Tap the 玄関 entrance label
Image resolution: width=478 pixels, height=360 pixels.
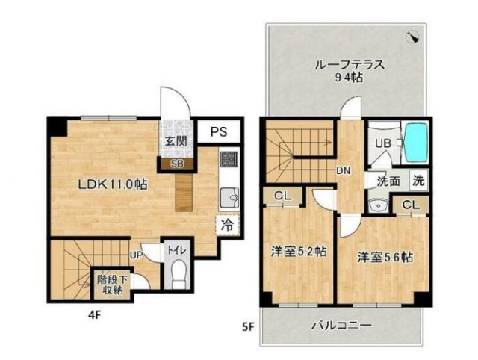point(176,142)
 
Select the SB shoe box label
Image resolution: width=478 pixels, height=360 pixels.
point(176,163)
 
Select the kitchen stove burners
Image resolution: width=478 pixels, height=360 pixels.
point(229,160)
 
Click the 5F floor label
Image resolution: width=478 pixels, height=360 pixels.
point(247,326)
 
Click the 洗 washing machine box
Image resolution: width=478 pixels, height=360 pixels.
point(420,179)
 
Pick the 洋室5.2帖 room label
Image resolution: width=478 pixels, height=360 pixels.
point(297,252)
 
